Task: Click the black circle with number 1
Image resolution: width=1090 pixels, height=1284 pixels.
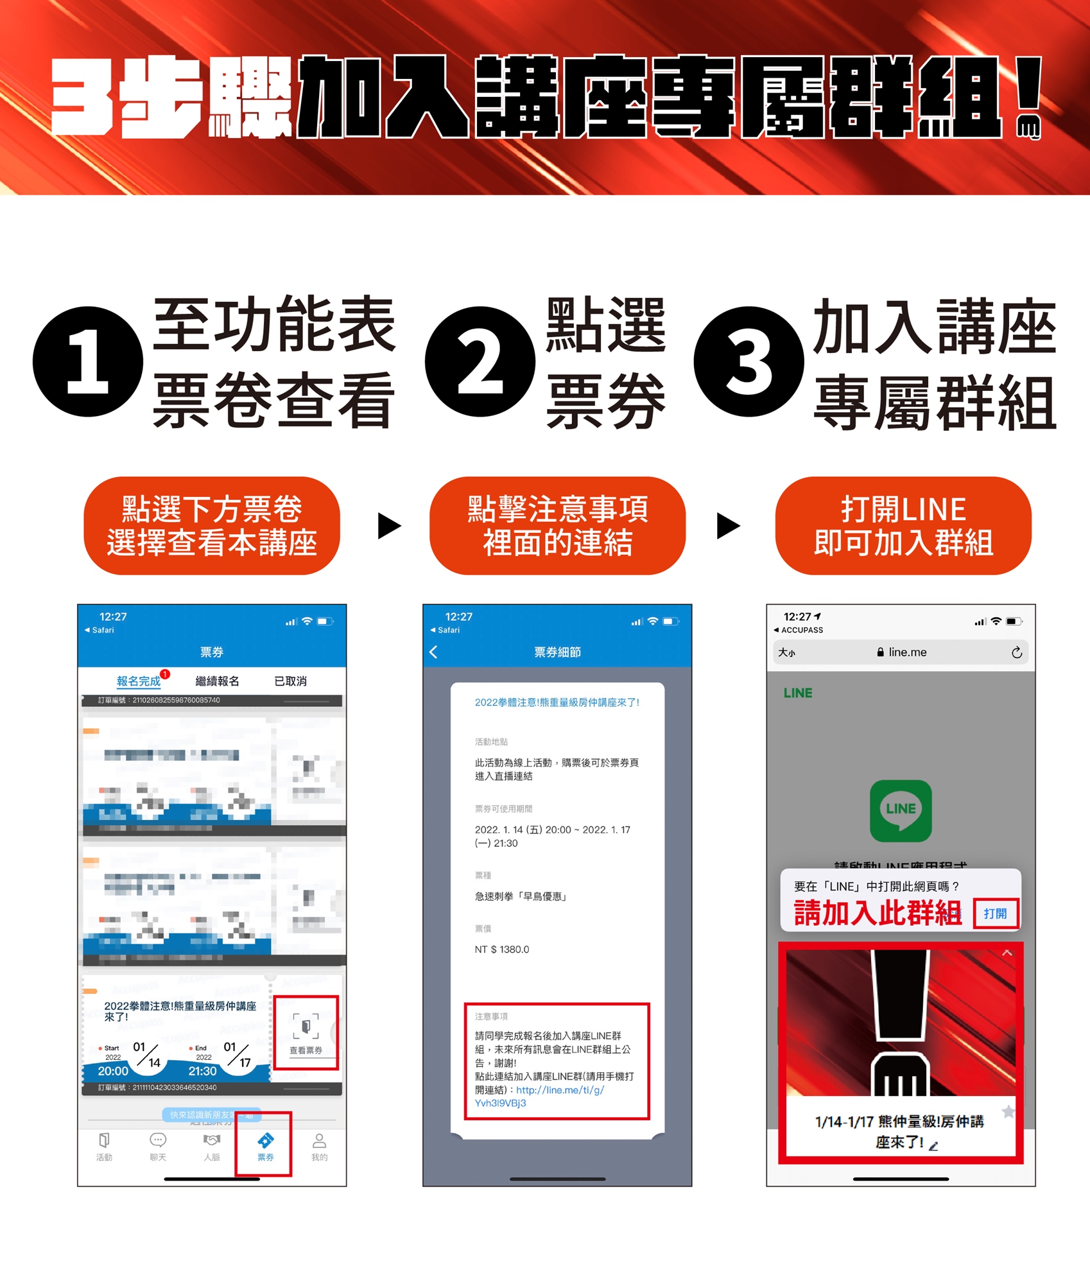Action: [88, 361]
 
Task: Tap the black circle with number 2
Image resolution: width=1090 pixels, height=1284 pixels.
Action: [480, 361]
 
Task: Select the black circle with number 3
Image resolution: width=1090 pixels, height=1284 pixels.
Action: [748, 361]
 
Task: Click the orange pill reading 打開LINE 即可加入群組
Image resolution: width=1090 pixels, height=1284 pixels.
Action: [903, 525]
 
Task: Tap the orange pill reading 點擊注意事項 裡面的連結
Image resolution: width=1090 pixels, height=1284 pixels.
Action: [557, 525]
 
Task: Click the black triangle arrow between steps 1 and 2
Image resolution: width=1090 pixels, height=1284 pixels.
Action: [388, 525]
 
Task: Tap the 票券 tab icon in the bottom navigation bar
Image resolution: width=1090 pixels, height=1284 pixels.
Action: [265, 1146]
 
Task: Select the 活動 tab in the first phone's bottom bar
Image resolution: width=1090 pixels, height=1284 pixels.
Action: [104, 1146]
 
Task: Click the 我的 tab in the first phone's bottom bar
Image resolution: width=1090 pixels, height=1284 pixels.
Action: [319, 1146]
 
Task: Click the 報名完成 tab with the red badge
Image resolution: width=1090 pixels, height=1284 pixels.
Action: [139, 681]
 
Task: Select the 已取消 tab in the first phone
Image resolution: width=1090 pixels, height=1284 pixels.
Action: [290, 681]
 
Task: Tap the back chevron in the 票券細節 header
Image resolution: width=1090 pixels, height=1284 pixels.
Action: [433, 652]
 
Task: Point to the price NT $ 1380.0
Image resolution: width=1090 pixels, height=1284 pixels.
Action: [502, 950]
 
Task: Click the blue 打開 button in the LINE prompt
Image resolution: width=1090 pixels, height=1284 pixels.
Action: [995, 914]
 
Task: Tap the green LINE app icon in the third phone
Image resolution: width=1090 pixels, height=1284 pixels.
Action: [900, 810]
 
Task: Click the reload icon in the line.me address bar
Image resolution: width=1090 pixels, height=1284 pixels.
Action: [1016, 652]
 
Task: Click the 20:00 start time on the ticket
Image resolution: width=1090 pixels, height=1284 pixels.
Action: [113, 1071]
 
